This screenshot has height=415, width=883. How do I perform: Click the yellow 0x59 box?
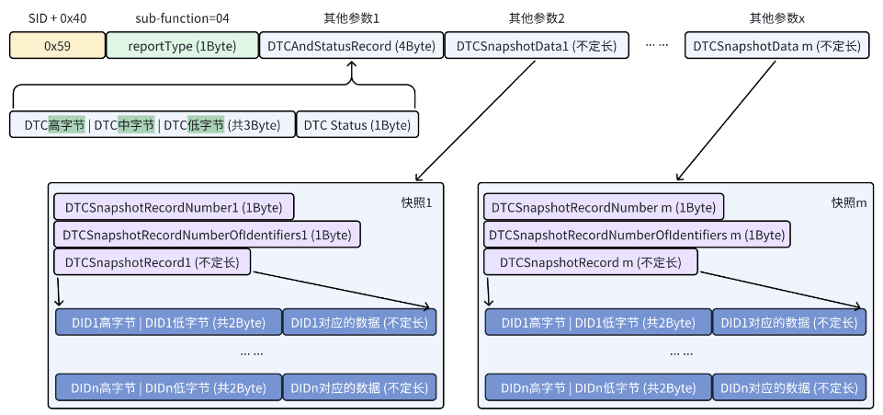coord(57,46)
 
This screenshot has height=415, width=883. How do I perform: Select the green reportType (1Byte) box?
coord(182,46)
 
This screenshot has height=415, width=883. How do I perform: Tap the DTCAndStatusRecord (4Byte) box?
coord(350,46)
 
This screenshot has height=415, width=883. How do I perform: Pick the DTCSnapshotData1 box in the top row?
coord(537,46)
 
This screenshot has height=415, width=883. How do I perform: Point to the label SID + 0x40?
coord(57,17)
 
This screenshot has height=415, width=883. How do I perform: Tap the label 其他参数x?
coord(776,17)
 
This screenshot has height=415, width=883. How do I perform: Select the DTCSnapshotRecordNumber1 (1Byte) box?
coord(174,207)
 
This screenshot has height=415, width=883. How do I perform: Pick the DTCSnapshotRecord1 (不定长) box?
coord(152,262)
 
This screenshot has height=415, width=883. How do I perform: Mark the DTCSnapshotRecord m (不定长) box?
coord(590,262)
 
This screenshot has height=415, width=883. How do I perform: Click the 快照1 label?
coord(416,202)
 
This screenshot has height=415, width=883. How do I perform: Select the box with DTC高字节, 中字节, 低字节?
coord(152,125)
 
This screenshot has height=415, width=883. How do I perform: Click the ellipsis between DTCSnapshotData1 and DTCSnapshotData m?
coord(657,44)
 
